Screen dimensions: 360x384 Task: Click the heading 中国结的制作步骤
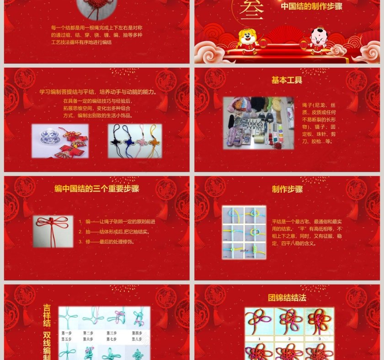(312, 6)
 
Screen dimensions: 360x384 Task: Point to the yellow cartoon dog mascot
(248, 41)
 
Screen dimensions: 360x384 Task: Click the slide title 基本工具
(287, 80)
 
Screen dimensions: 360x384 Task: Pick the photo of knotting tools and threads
(258, 122)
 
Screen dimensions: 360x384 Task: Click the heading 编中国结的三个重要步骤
(96, 189)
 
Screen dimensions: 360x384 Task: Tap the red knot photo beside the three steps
(53, 231)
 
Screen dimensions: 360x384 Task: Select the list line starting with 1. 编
(117, 222)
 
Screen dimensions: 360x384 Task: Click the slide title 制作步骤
(287, 189)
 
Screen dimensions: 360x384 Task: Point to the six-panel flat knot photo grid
(244, 233)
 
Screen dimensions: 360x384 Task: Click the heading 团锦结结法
(287, 298)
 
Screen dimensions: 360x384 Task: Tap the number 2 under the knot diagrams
(289, 339)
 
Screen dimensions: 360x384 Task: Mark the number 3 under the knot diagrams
(319, 339)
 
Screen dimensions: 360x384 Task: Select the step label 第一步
(67, 333)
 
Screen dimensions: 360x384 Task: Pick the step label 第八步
(137, 339)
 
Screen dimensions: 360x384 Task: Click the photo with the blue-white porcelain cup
(60, 141)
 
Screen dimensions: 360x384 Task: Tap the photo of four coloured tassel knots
(135, 141)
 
